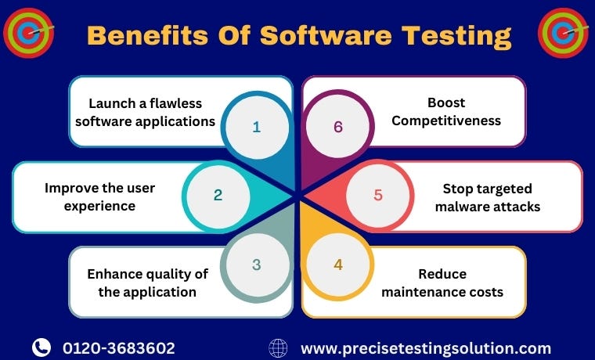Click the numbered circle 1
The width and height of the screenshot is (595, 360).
point(256,127)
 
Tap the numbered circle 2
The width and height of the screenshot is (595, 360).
point(218,195)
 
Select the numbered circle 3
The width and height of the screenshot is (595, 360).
point(256,265)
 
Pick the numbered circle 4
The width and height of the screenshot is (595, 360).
point(338,265)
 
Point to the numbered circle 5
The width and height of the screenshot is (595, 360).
point(378,195)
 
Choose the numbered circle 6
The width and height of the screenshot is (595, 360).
point(338,127)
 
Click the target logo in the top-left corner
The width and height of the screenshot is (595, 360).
point(28,33)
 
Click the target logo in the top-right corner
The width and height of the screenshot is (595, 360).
point(564,33)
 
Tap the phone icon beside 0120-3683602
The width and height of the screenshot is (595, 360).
point(41,347)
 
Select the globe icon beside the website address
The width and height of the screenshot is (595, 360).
point(278,347)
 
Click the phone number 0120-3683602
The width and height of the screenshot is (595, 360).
point(119,348)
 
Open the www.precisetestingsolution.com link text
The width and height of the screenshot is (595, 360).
point(426,348)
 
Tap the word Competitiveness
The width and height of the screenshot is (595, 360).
point(446,121)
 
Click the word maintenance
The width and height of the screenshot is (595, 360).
point(420,293)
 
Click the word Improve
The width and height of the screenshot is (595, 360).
point(70,188)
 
